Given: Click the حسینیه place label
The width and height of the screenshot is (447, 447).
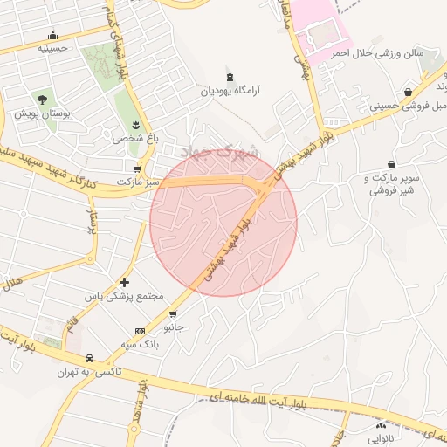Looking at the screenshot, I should pyautogui.click(x=54, y=49).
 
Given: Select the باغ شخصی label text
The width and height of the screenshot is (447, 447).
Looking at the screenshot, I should pyautogui.click(x=132, y=138).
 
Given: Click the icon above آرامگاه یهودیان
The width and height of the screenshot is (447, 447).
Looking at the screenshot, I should pyautogui.click(x=230, y=78).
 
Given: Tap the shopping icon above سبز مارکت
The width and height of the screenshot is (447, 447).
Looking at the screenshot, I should pyautogui.click(x=137, y=168).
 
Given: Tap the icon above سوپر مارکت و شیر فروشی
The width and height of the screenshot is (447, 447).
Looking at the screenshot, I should pyautogui.click(x=390, y=164).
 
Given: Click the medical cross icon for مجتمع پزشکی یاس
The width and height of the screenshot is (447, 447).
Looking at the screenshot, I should pyautogui.click(x=124, y=282).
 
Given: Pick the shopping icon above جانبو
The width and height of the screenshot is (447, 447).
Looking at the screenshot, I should pyautogui.click(x=173, y=314).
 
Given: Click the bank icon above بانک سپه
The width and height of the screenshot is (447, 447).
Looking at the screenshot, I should pyautogui.click(x=140, y=331).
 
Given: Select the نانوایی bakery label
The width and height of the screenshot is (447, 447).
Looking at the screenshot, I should pyautogui.click(x=381, y=439).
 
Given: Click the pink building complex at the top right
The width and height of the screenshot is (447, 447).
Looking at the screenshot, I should pyautogui.click(x=323, y=31).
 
